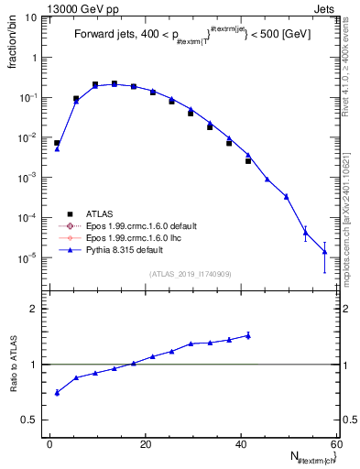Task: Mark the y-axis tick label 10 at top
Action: [x=32, y=17]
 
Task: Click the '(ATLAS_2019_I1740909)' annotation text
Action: [x=191, y=273]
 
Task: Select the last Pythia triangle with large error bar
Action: [x=324, y=252]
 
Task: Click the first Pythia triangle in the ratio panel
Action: [x=57, y=393]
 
